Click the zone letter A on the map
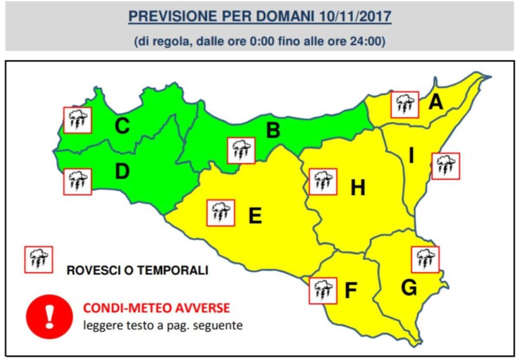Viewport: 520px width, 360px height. pyautogui.click(x=436, y=102)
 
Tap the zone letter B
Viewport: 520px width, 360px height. pyautogui.click(x=273, y=130)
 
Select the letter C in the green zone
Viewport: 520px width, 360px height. pyautogui.click(x=122, y=126)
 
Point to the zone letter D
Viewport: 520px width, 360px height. pyautogui.click(x=123, y=172)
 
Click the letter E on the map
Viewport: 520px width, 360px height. pyautogui.click(x=255, y=216)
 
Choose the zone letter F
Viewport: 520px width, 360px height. pyautogui.click(x=350, y=291)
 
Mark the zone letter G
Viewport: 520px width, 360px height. pyautogui.click(x=409, y=288)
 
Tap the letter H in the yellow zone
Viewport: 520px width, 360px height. pyautogui.click(x=358, y=188)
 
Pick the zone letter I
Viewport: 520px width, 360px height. pyautogui.click(x=411, y=156)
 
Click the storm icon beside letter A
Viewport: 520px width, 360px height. pyautogui.click(x=405, y=104)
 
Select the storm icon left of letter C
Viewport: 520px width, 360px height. pyautogui.click(x=78, y=120)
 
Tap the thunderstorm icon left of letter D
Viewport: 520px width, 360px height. pyautogui.click(x=78, y=182)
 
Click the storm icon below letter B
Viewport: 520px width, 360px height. pyautogui.click(x=241, y=151)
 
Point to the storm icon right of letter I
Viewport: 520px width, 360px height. pyautogui.click(x=446, y=166)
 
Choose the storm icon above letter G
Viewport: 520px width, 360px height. pyautogui.click(x=425, y=259)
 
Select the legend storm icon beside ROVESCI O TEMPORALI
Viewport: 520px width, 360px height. pyautogui.click(x=39, y=259)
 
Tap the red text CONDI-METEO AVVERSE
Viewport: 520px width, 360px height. pyautogui.click(x=156, y=308)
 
